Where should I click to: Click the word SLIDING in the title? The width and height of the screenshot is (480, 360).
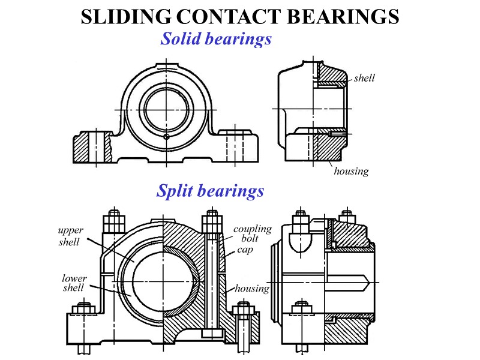tap(128, 17)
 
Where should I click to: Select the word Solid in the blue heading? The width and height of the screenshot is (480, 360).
tap(181, 39)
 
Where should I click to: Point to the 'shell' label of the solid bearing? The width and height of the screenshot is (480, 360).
tap(364, 78)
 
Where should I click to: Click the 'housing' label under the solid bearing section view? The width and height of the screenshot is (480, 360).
tap(351, 171)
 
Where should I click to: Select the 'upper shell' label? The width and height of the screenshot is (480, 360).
tap(70, 235)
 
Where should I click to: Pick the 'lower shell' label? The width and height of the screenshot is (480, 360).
tap(74, 283)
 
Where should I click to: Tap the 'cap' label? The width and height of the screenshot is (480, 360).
tap(244, 250)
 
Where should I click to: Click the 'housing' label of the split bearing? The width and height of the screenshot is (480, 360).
tap(251, 289)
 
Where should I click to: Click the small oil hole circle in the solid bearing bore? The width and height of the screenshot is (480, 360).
tap(166, 136)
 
